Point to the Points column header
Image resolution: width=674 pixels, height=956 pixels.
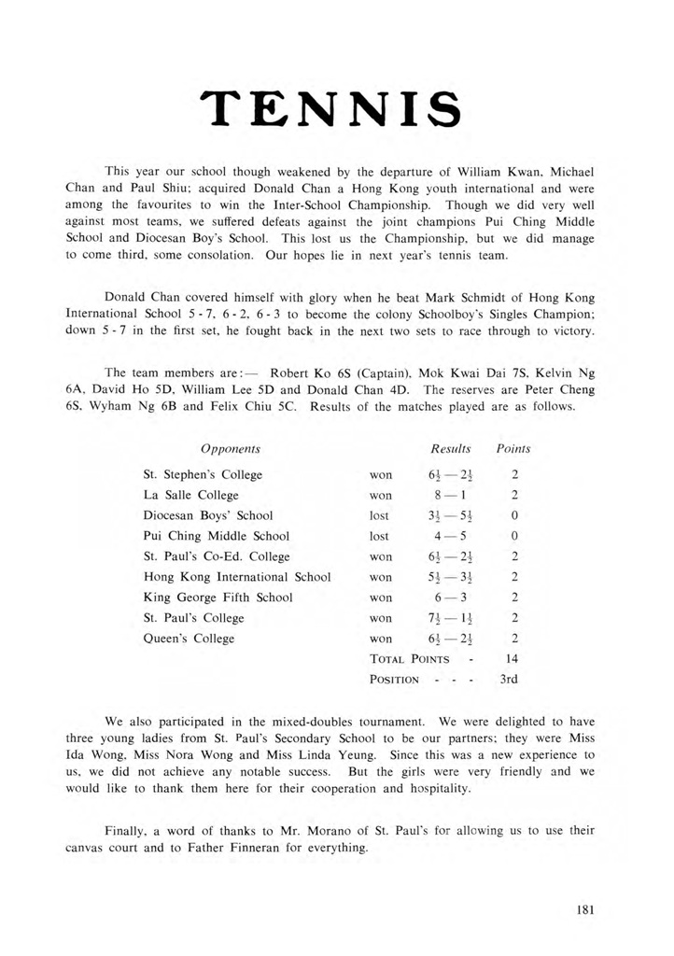tap(513, 449)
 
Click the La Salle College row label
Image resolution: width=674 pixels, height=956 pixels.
tap(190, 495)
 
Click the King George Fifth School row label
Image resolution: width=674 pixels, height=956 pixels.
tap(218, 597)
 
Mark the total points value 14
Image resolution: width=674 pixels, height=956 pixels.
tap(513, 659)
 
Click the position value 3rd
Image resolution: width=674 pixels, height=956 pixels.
tap(513, 680)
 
